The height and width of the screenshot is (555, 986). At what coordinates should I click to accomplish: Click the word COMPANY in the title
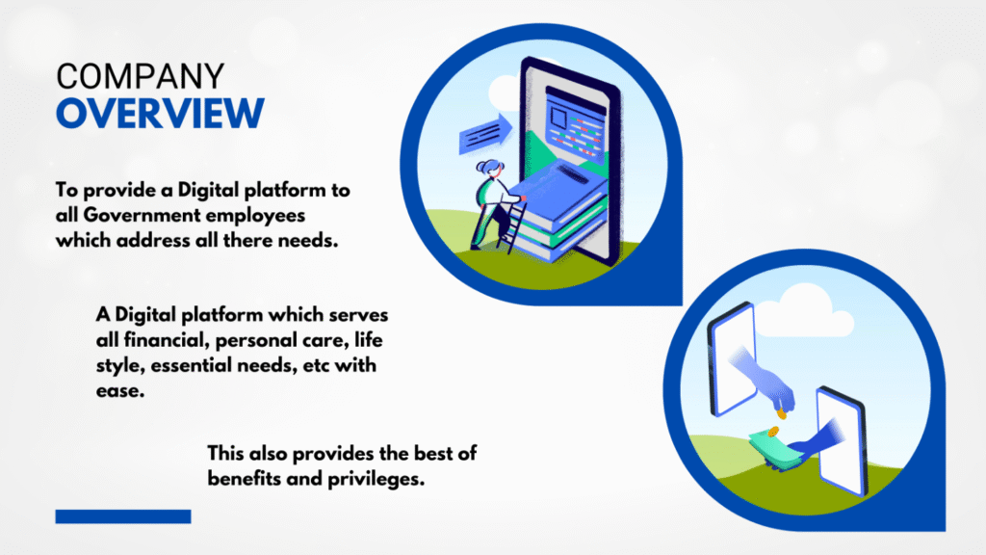(140, 77)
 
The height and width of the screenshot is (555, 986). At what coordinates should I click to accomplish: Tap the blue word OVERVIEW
(161, 114)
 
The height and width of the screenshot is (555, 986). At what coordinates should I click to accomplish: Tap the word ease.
(120, 391)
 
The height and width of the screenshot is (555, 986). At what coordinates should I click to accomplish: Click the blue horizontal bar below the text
(123, 516)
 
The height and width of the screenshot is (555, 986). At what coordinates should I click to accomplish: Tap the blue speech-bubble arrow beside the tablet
(485, 134)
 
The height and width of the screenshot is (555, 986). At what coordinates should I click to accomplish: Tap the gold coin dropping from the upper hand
(782, 414)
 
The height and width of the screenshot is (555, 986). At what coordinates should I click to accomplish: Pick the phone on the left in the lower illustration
(732, 359)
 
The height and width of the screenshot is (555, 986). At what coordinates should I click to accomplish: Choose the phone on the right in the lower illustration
(842, 441)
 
